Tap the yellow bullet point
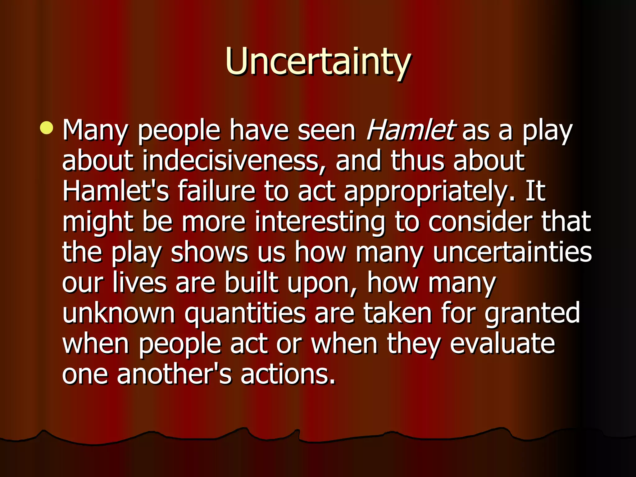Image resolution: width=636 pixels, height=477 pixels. (47, 128)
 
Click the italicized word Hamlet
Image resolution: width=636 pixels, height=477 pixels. (411, 130)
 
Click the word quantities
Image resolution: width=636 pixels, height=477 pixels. (245, 313)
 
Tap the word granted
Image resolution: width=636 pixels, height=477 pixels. (532, 313)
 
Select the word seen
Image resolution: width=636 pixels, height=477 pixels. (326, 130)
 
